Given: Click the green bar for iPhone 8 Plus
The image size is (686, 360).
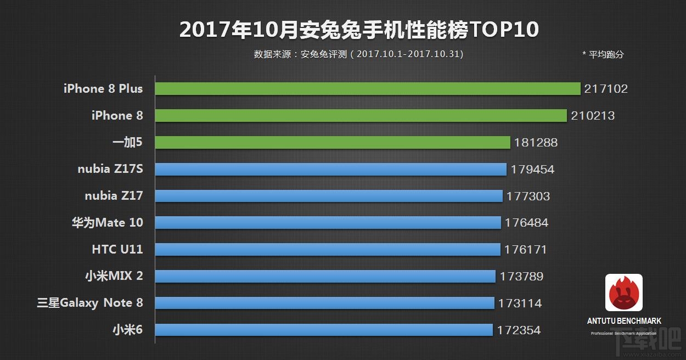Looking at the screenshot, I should [368, 88].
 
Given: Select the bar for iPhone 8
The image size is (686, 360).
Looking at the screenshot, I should [361, 115].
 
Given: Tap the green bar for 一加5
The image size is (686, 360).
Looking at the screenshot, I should [333, 142].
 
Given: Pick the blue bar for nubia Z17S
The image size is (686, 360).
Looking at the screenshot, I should [330, 169].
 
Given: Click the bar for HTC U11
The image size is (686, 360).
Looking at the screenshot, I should [328, 249].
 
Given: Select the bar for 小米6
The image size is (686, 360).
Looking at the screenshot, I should [324, 330].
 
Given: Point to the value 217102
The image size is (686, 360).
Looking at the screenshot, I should [606, 89].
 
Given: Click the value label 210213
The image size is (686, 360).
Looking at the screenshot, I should [593, 116].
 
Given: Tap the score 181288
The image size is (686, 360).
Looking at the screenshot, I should [536, 143].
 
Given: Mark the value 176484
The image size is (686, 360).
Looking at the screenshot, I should [526, 223].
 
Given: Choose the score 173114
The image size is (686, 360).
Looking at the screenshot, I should [520, 303].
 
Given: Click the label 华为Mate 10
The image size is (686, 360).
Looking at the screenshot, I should [107, 223].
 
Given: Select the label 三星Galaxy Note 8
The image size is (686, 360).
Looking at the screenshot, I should [90, 303].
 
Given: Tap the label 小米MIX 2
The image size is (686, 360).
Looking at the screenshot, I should [114, 276].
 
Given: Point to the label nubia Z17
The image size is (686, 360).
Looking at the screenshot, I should [114, 196].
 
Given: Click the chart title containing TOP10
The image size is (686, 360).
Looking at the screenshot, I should [359, 30].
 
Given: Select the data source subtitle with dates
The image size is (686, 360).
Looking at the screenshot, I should [358, 54].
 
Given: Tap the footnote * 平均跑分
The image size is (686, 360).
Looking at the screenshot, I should [603, 54].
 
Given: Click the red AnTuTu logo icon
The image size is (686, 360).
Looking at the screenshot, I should [624, 292].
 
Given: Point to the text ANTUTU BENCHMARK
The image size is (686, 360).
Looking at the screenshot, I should [624, 321].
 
